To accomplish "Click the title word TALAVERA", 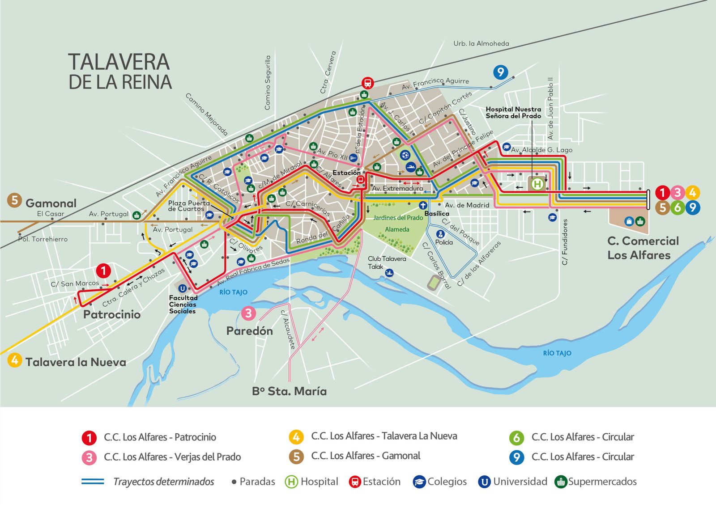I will point(119,62).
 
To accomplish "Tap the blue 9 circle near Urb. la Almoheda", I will point(500,72).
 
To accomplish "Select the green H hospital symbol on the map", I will point(537,183).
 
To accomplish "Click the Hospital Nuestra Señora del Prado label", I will point(513,112).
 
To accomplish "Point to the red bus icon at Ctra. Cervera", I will point(367,83).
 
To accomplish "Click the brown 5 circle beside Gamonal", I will point(14,200).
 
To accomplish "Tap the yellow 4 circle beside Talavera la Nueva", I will point(14,360).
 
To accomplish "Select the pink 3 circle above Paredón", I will point(248,313).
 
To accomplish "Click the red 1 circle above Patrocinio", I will point(103,271).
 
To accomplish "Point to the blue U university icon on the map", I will point(182,288).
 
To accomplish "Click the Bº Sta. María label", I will point(289,391).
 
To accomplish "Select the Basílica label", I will point(437,213).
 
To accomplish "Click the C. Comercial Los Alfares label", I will point(643,248).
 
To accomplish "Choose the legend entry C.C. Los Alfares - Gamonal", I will point(366,456).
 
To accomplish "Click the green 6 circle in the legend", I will point(516,437).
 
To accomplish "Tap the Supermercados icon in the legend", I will point(560,482).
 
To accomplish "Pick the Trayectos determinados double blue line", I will point(93,482).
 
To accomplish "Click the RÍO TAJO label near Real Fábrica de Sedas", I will point(233,292).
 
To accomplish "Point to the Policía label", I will point(444,242).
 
